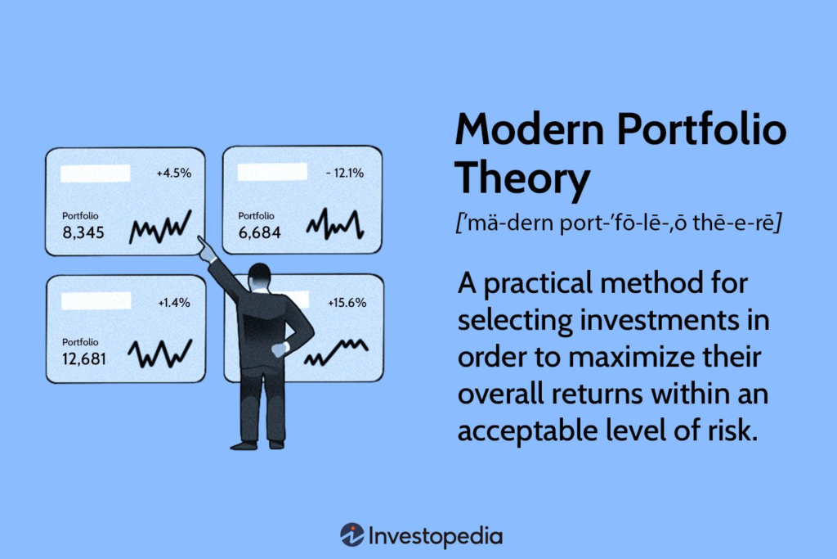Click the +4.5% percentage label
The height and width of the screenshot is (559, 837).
[173, 174]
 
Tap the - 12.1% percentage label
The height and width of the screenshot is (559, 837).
[345, 174]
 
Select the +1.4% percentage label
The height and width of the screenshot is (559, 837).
[174, 303]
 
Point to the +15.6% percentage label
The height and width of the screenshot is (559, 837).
[347, 303]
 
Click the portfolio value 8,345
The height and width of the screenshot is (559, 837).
[83, 232]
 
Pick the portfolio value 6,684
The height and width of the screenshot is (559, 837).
[259, 232]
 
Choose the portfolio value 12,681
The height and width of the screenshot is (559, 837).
[84, 358]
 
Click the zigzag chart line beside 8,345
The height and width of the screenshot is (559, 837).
[160, 227]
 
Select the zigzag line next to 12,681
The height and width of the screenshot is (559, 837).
[160, 354]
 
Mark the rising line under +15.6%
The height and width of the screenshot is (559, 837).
[336, 352]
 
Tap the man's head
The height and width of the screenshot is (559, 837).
[260, 277]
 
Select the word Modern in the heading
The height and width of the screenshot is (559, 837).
[530, 129]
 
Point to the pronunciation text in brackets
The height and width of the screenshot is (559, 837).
[619, 223]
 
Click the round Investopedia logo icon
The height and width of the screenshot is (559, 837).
[352, 535]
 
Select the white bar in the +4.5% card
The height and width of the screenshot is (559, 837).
[96, 174]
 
